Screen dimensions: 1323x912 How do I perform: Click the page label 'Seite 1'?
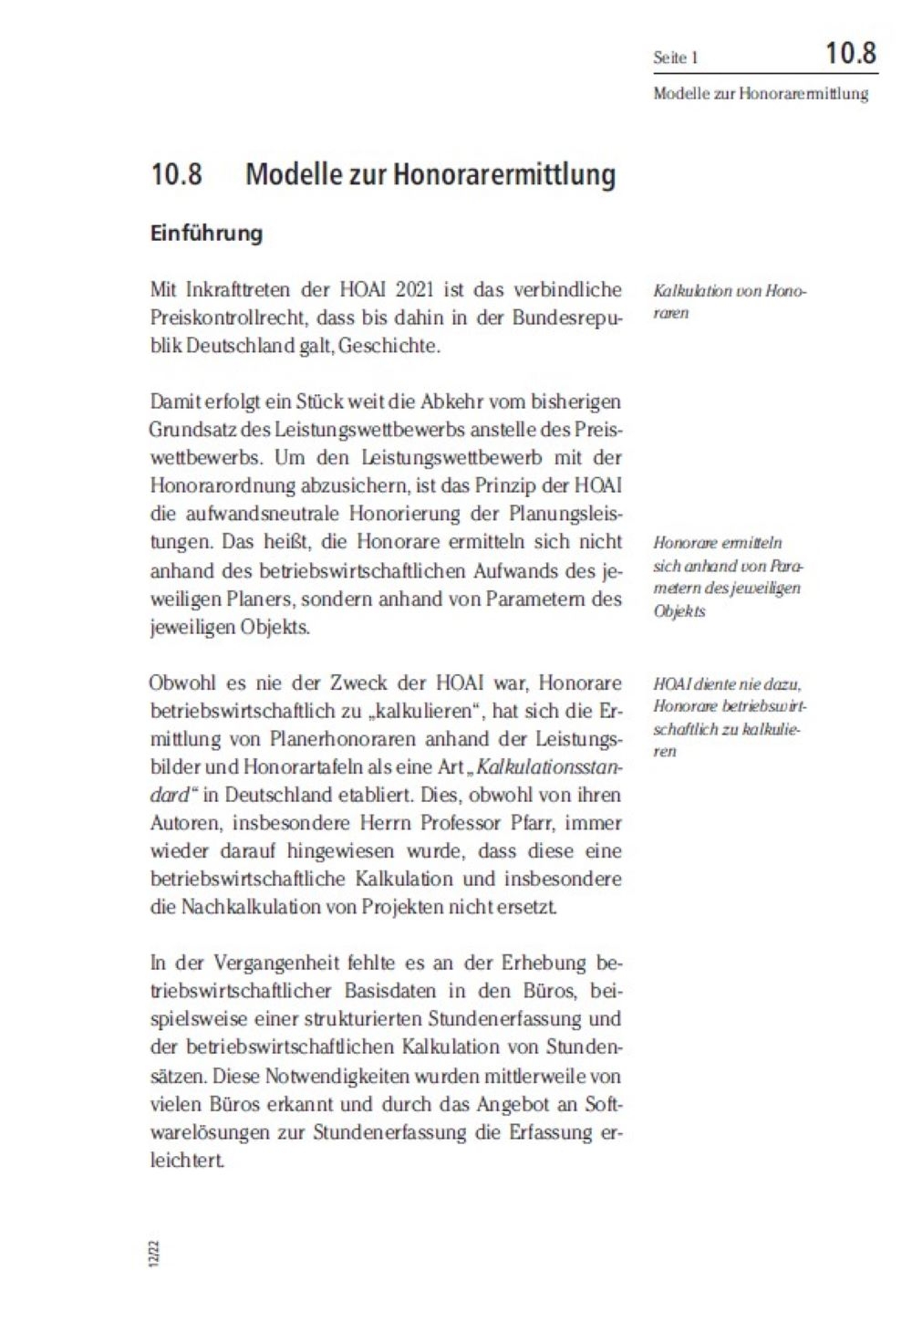[676, 57]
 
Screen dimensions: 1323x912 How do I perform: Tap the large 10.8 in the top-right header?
[850, 53]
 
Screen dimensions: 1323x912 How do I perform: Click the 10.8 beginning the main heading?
[176, 174]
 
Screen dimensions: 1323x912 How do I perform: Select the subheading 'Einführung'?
[206, 234]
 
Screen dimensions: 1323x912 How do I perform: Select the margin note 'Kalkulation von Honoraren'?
[730, 302]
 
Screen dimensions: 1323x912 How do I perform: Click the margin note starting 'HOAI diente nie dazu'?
[730, 717]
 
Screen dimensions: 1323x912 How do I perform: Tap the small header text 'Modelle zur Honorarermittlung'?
[761, 93]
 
